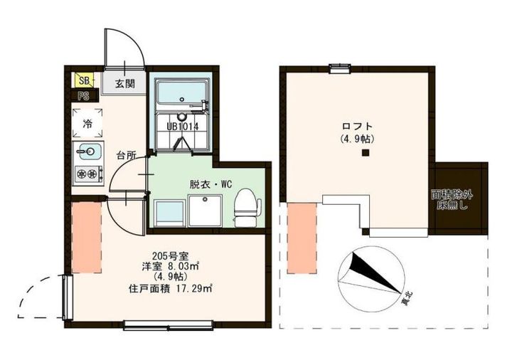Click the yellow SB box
(83, 80)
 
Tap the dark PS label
(83, 96)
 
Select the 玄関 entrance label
(124, 84)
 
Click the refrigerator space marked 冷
(87, 124)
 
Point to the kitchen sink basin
(87, 152)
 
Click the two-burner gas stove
(88, 174)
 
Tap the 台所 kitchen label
(127, 156)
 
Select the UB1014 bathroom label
(183, 127)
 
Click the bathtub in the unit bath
(181, 95)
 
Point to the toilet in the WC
(247, 208)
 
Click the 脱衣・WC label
(211, 184)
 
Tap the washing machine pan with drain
(205, 211)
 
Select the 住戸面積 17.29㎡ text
(171, 288)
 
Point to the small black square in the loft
(366, 152)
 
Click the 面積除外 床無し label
(452, 200)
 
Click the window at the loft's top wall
(340, 68)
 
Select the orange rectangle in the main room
(87, 238)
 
